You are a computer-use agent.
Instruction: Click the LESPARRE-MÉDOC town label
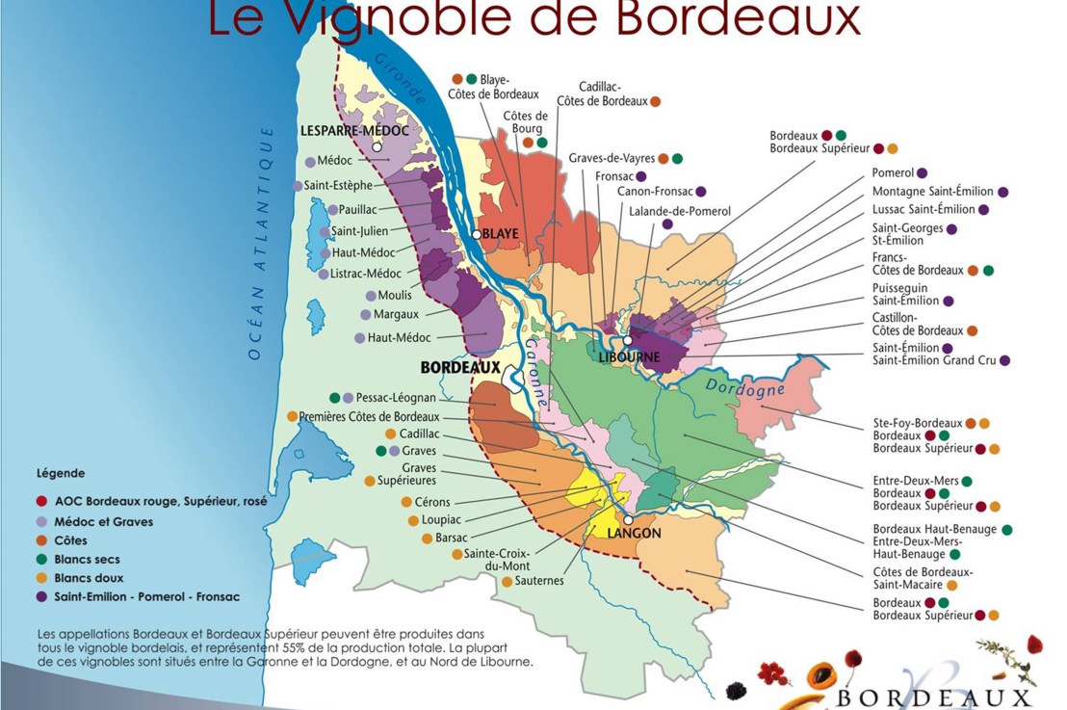(x=354, y=130)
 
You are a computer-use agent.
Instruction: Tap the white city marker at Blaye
(x=476, y=234)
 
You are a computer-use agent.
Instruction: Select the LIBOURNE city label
(x=631, y=357)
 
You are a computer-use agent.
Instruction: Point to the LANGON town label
(x=634, y=533)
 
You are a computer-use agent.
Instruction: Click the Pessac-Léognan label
(x=397, y=397)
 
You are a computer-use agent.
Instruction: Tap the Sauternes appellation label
(x=539, y=581)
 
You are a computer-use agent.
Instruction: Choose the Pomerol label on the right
(x=892, y=172)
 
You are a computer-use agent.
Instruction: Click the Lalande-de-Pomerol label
(x=680, y=211)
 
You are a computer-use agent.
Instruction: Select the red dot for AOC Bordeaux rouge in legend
(x=41, y=502)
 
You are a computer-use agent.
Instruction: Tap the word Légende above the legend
(x=61, y=474)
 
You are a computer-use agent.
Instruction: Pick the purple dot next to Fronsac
(x=641, y=176)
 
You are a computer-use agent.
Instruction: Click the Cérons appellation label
(x=432, y=502)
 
